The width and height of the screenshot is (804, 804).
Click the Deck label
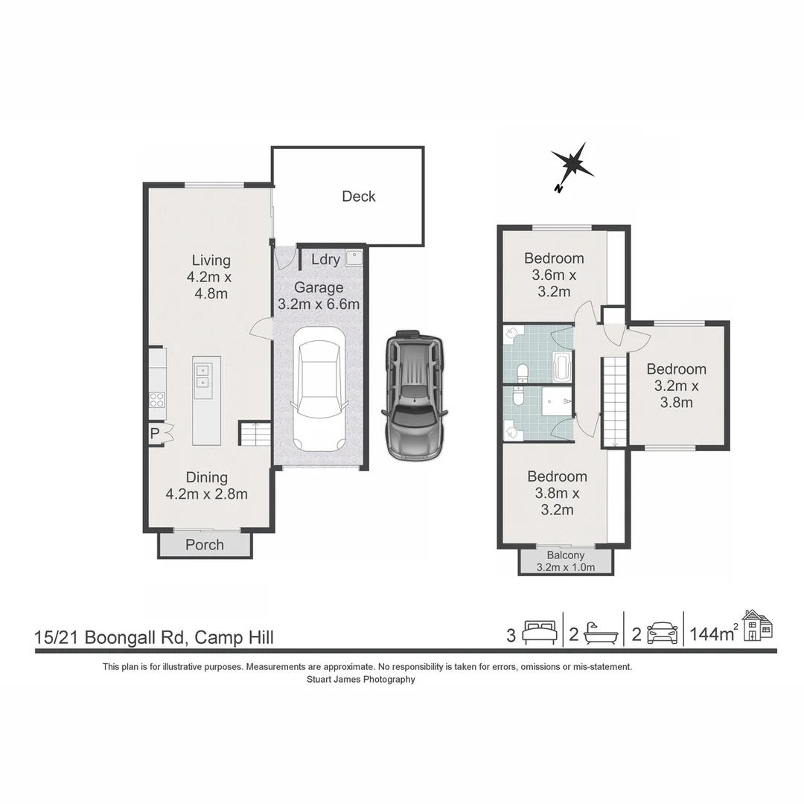[x=359, y=197]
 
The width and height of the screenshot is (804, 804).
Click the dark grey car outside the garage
[x=415, y=395]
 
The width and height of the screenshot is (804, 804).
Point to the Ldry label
[x=325, y=260]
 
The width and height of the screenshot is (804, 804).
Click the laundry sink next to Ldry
[x=354, y=258]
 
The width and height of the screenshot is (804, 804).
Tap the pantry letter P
[x=155, y=433]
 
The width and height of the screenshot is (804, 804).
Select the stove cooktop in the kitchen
[x=157, y=399]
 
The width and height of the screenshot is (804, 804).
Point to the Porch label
[x=205, y=545]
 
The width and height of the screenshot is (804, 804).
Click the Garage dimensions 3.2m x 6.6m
[x=319, y=304]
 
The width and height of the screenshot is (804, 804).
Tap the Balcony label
[x=566, y=555]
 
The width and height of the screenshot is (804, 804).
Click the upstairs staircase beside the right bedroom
[x=615, y=401]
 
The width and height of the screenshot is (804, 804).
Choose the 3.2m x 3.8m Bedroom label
[x=676, y=386]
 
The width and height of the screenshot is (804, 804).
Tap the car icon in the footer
[x=662, y=634]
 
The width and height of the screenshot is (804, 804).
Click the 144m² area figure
[x=714, y=635]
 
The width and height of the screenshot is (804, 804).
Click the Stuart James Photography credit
[x=361, y=679]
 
